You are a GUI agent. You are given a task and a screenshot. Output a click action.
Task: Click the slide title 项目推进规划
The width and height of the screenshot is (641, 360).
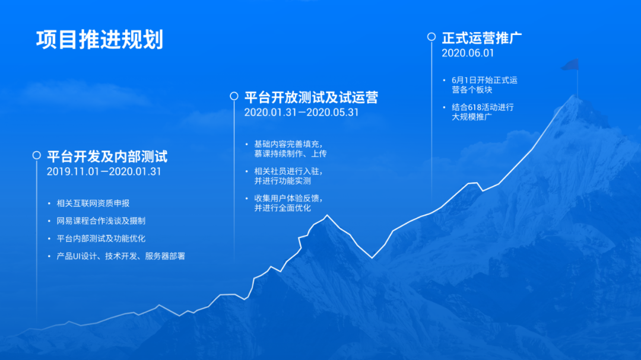(x=100, y=40)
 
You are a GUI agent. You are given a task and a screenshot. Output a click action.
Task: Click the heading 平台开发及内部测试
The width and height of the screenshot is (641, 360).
(x=107, y=157)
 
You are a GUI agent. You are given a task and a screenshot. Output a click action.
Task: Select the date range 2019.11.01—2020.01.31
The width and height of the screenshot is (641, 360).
(x=104, y=171)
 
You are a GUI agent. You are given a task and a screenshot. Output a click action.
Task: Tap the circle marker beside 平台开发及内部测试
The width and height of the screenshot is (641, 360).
(x=37, y=155)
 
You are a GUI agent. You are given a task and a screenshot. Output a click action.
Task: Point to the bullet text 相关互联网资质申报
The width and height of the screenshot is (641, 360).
(x=93, y=203)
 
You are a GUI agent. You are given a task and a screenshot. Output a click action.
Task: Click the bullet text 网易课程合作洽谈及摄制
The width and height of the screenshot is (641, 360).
(x=101, y=221)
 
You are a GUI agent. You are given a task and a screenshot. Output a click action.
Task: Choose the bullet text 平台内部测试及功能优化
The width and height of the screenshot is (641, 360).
(x=101, y=238)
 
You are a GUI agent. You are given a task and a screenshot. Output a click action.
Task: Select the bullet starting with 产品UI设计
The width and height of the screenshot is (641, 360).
(x=120, y=256)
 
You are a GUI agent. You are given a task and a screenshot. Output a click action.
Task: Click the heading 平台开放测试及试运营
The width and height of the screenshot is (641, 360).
(x=311, y=97)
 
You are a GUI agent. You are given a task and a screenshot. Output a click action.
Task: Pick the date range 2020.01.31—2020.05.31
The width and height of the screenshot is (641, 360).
(x=302, y=112)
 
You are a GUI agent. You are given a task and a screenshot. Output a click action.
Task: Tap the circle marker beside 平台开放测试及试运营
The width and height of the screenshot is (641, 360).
(x=234, y=96)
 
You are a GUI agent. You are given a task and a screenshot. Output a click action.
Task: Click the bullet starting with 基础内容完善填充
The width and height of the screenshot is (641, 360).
(x=290, y=149)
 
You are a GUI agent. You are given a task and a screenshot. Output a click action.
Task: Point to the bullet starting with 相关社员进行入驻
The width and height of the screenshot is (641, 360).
(x=288, y=176)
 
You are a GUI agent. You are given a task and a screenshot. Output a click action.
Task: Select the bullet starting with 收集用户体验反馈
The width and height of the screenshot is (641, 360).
(x=288, y=203)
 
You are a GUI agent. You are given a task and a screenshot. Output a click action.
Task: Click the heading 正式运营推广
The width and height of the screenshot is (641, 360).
(x=481, y=38)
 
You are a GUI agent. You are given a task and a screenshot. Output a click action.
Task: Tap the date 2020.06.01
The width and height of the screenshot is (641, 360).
(x=468, y=53)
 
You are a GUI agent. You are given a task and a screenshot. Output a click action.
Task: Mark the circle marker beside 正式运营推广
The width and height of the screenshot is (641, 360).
(x=431, y=37)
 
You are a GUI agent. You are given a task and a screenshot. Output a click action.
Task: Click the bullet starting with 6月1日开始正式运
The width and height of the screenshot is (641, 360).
(x=484, y=85)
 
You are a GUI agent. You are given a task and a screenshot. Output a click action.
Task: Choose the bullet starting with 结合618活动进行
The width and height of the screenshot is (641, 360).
(x=483, y=112)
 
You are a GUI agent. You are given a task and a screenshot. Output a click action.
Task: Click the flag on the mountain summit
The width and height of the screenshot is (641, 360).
(x=571, y=65)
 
